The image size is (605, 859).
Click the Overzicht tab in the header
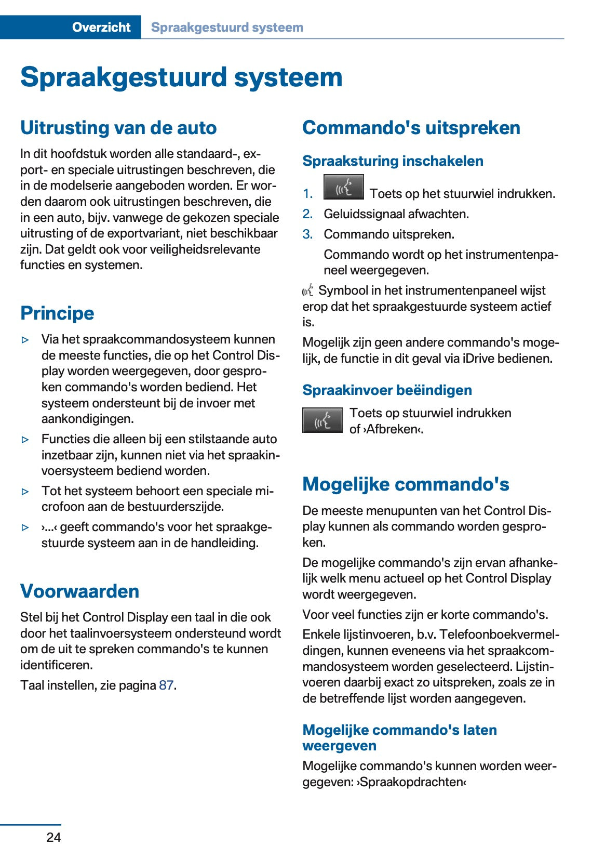(x=101, y=27)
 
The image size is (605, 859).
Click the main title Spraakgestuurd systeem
(x=181, y=77)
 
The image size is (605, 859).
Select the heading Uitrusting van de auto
(x=118, y=128)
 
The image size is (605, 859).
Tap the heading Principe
(x=57, y=313)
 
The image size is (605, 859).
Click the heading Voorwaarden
(x=79, y=591)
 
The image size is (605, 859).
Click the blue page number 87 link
(x=166, y=685)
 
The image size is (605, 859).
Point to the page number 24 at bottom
(x=53, y=837)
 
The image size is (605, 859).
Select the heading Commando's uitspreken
(x=411, y=128)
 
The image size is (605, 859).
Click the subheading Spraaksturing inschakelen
(x=393, y=161)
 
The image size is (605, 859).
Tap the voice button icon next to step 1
(x=343, y=188)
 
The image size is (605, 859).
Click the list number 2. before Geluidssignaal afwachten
(x=308, y=214)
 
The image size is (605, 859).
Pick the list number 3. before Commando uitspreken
(x=308, y=234)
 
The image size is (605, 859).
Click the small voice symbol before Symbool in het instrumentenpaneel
(x=308, y=290)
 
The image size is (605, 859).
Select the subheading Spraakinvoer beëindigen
(x=387, y=390)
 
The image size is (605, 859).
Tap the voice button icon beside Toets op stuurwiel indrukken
(x=322, y=420)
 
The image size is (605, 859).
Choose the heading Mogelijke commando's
(x=405, y=484)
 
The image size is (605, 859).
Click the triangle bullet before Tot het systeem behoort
(x=25, y=491)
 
